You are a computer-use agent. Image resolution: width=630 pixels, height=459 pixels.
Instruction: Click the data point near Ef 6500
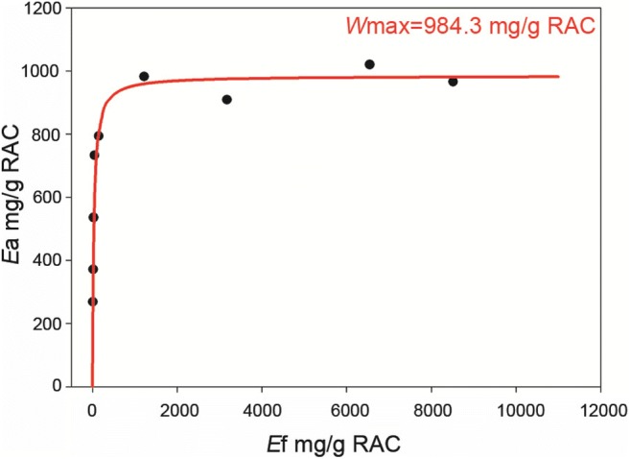pos(369,64)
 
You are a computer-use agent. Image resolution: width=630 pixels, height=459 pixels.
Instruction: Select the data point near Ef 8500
pos(453,82)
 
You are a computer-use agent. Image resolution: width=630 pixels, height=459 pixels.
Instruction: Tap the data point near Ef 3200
pos(226,100)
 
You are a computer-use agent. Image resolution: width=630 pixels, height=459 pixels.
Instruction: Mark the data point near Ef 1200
pos(144,76)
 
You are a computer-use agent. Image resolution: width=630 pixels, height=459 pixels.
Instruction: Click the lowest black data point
pos(92,302)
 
